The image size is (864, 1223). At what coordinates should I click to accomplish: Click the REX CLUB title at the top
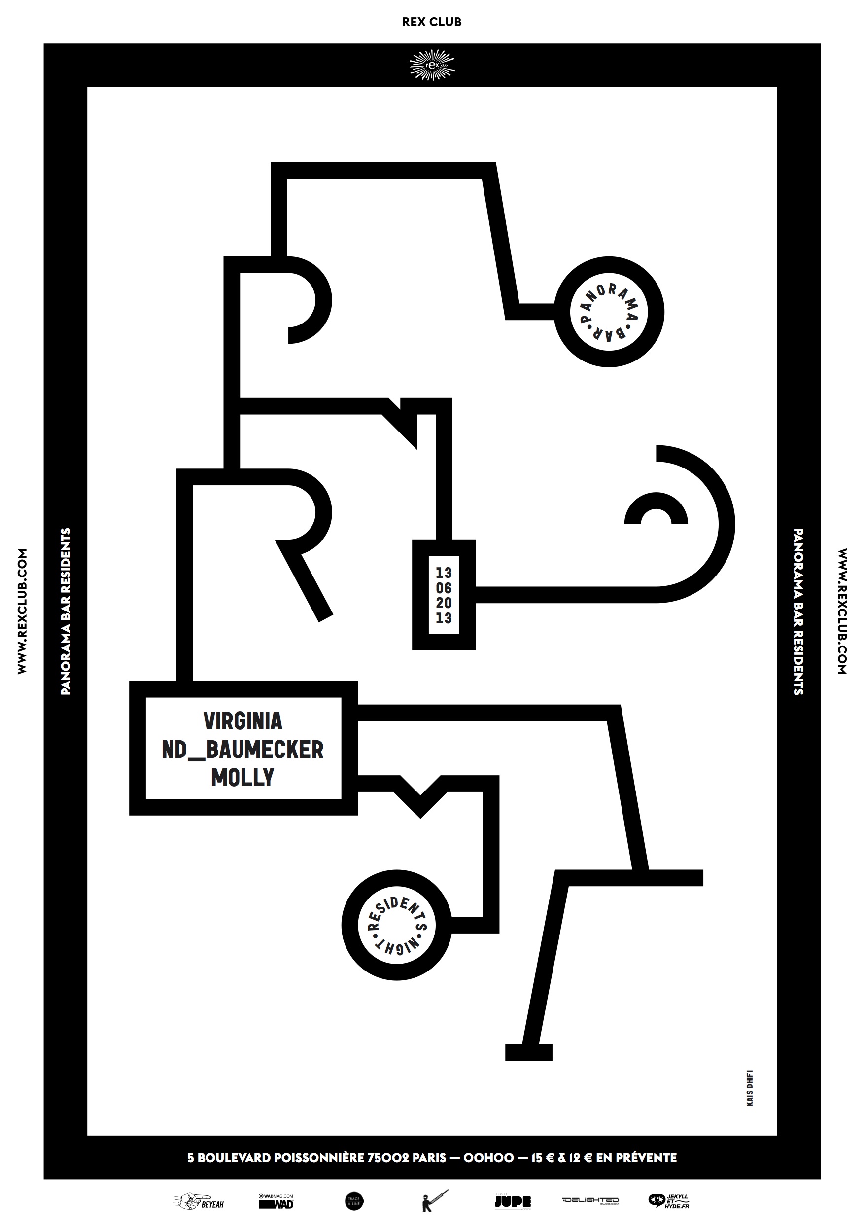(x=432, y=22)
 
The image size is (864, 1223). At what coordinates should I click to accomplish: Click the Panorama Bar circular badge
(x=609, y=312)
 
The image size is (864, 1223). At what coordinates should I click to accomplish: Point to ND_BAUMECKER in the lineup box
(x=243, y=750)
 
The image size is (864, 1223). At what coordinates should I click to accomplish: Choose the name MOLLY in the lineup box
(x=243, y=777)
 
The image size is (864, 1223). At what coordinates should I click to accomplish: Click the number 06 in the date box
(x=444, y=588)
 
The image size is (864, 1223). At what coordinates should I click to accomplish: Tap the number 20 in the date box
(x=444, y=603)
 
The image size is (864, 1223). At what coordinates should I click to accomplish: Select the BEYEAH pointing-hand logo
(x=199, y=1201)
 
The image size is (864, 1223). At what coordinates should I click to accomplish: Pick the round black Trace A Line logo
(x=354, y=1201)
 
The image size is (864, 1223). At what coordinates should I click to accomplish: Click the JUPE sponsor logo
(x=512, y=1201)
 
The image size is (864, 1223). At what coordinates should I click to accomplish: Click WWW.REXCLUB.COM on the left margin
(x=22, y=611)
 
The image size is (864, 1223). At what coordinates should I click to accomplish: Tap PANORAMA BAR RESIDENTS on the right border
(x=798, y=611)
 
